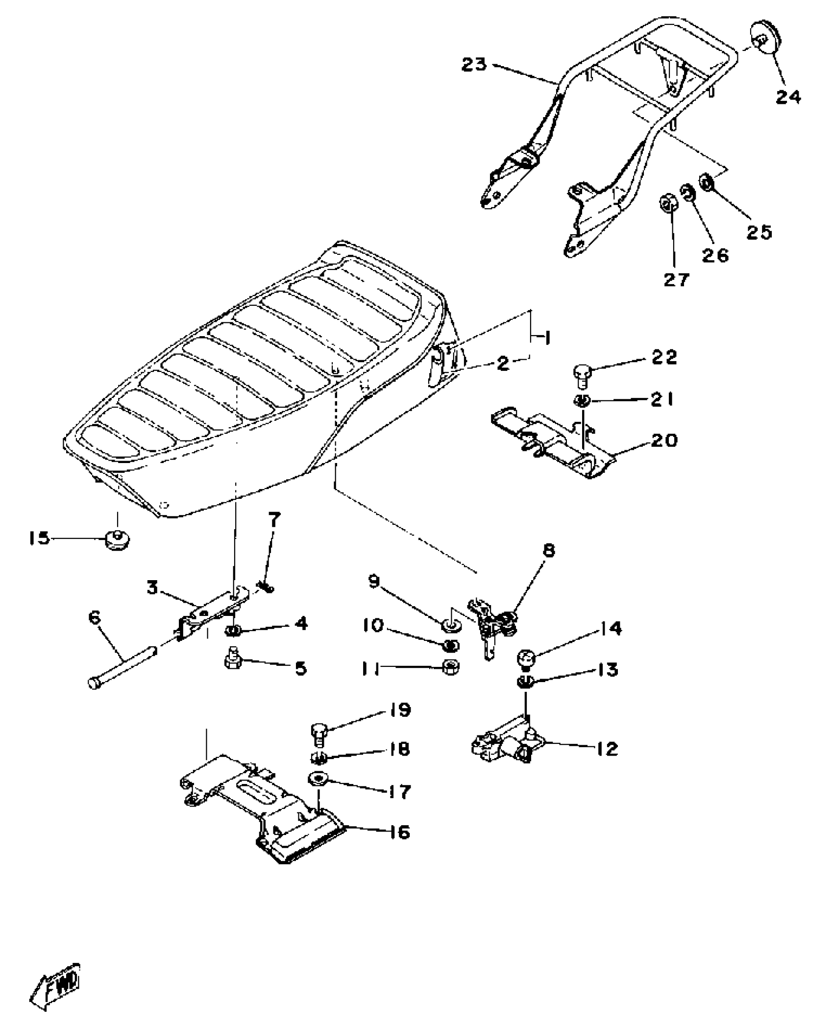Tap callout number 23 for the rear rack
pyautogui.click(x=474, y=65)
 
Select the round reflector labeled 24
pyautogui.click(x=765, y=42)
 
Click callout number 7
pyautogui.click(x=273, y=520)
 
